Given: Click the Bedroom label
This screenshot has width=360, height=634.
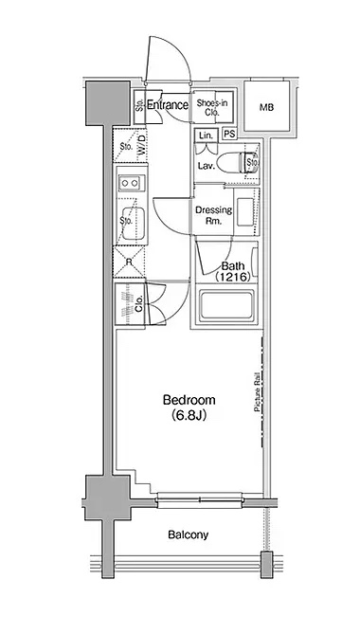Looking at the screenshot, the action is pos(189,400).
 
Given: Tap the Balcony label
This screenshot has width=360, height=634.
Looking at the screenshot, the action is pos(189,534).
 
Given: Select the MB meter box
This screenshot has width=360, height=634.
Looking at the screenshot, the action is pos(266,107).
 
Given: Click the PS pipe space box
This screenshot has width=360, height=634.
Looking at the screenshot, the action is pos(229,135).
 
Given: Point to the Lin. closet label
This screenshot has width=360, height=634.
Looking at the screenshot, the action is pos(207,136).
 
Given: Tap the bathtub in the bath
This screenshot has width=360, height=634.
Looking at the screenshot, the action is pos(227,305).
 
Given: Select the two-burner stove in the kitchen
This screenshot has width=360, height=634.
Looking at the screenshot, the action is pos(130,183).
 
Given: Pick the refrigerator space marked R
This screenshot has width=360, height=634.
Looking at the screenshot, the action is pos(129,262).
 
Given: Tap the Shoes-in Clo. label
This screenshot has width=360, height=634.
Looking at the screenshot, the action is pos(212,108).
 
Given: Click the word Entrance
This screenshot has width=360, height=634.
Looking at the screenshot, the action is pos(168,105).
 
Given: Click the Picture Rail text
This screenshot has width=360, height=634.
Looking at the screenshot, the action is pos(257,394).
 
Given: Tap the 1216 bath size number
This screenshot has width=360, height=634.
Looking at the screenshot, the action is pos(230,278).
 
